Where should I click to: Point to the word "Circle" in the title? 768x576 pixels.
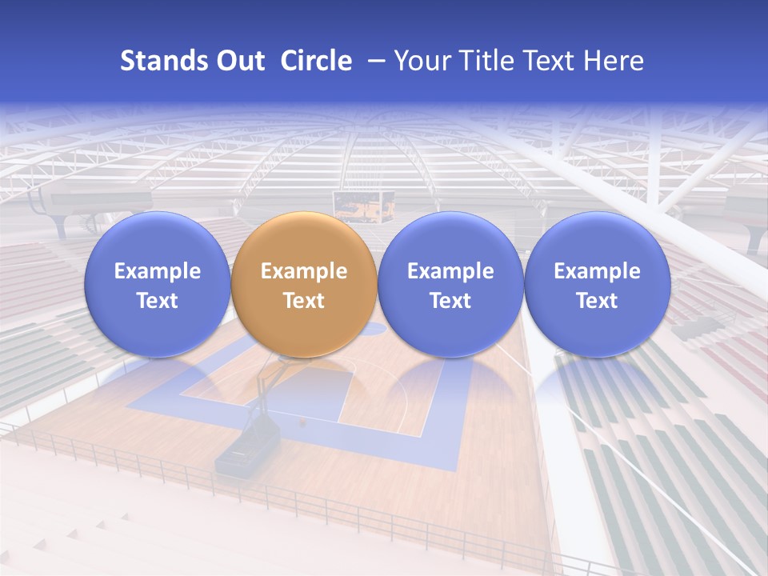coord(316,61)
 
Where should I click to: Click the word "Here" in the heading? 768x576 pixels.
coord(614,61)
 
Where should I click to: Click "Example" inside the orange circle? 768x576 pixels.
coord(304,271)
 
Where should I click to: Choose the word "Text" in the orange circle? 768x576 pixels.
coord(304,301)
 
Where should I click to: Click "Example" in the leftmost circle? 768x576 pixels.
coord(158,271)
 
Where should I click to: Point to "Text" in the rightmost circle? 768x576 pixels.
coord(597,301)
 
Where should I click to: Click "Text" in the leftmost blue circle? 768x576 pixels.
coord(158,301)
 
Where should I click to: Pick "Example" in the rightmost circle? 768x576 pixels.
coord(597,271)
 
